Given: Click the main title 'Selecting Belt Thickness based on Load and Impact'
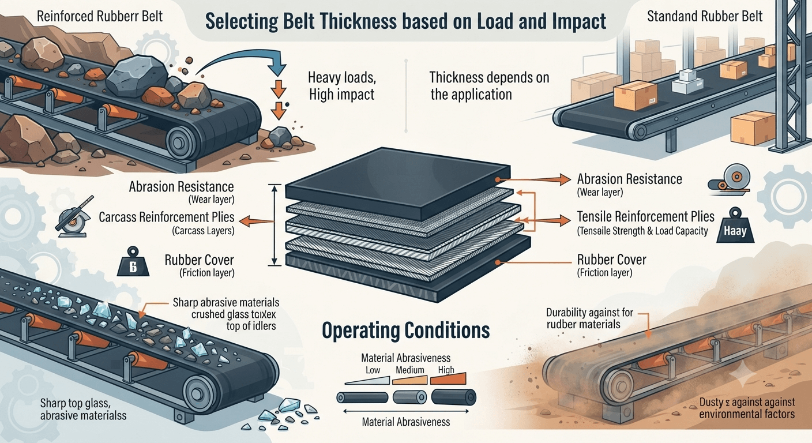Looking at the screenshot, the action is click(x=405, y=21).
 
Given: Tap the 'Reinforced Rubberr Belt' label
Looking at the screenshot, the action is click(x=100, y=16).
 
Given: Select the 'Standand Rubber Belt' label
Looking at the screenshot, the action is click(x=705, y=16).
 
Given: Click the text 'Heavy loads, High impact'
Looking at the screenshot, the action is click(x=341, y=86).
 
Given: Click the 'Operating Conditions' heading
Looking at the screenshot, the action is click(x=405, y=331).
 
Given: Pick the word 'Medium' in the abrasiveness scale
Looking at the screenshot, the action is click(x=410, y=370).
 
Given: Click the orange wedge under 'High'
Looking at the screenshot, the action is click(x=448, y=379).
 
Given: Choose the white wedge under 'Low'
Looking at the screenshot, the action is click(x=367, y=380).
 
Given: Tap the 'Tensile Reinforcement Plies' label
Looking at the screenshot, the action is click(x=645, y=216).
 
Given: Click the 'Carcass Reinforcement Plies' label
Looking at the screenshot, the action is click(x=167, y=217).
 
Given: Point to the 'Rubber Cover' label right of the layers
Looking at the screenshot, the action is click(x=611, y=260).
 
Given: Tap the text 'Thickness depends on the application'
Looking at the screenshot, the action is click(x=489, y=86).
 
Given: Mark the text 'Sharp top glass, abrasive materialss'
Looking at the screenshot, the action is click(x=83, y=409).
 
